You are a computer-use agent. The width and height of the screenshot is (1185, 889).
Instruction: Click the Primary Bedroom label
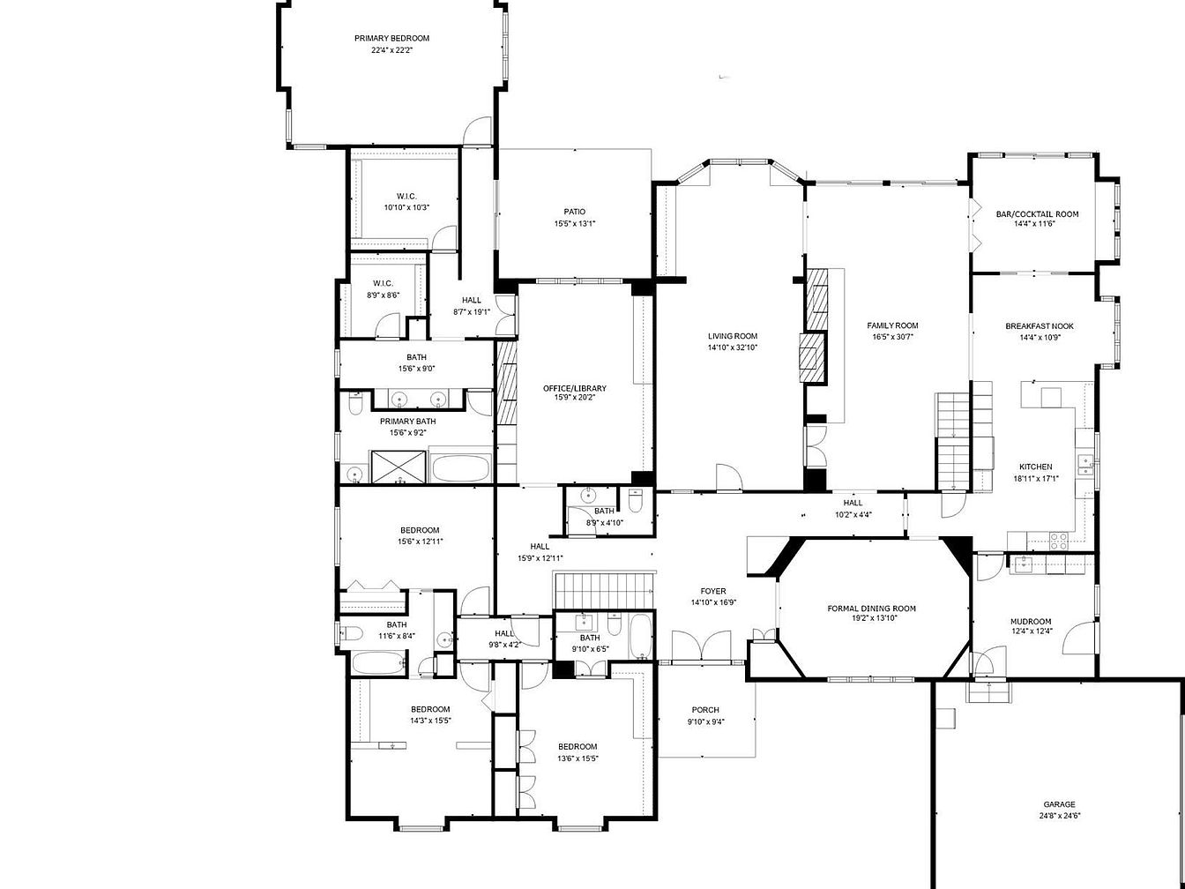tap(391, 38)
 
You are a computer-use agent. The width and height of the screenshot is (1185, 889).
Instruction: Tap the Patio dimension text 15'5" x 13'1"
tap(574, 223)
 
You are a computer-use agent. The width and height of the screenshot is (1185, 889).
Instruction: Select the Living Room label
tap(733, 336)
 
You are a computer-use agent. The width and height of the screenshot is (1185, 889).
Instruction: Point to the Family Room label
tap(892, 325)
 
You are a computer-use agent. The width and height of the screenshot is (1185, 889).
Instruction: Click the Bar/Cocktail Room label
tap(1037, 214)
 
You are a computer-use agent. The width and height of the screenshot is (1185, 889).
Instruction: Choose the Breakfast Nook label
tap(1040, 326)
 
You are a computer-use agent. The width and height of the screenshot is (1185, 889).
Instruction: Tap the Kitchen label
tap(1035, 467)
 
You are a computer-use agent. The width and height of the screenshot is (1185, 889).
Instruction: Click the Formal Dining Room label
tap(871, 609)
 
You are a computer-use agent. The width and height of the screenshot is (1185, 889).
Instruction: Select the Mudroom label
tap(1031, 622)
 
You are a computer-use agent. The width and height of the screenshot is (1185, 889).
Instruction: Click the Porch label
tap(705, 710)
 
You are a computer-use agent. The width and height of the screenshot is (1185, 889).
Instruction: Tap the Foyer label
tap(713, 592)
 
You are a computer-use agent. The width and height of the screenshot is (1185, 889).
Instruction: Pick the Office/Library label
tap(574, 388)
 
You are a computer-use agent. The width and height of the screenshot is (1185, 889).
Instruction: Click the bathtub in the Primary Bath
tap(462, 468)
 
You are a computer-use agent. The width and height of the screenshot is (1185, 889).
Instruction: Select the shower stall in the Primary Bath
tap(399, 467)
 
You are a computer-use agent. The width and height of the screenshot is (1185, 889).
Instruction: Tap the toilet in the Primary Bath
tap(355, 403)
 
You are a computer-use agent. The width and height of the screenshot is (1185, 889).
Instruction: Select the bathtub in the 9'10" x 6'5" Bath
tap(641, 638)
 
